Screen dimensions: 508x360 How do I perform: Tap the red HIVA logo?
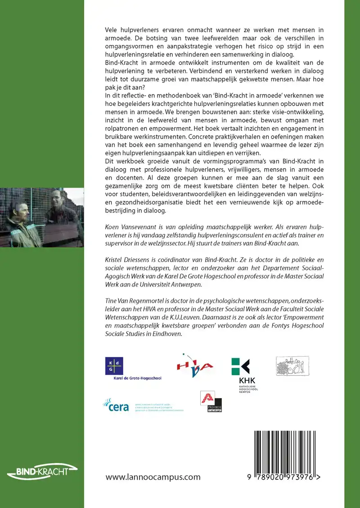pos(194,364)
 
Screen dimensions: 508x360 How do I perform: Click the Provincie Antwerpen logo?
pos(211,401)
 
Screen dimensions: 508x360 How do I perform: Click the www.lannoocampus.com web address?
pos(153,477)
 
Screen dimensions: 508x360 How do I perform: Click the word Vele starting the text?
pos(113,29)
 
